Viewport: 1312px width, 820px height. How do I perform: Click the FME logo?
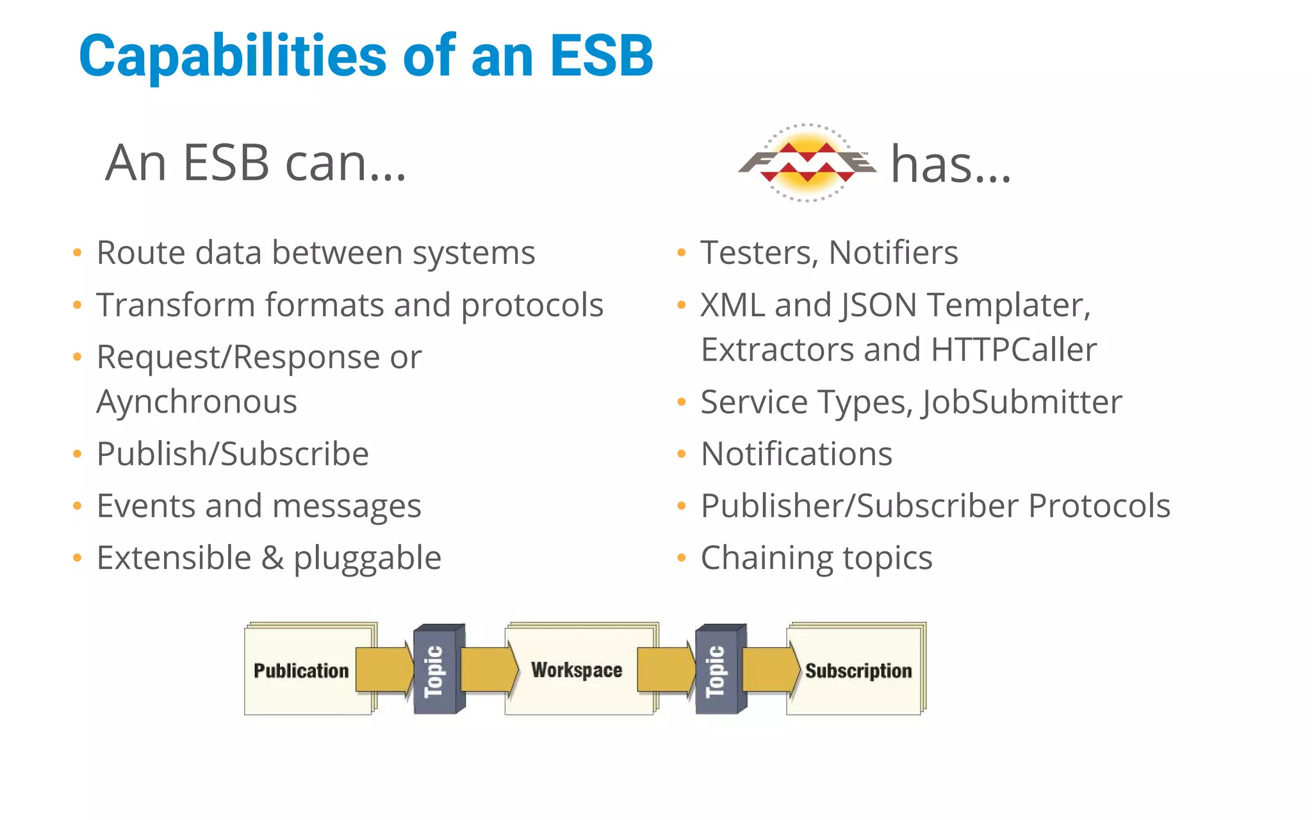(x=807, y=163)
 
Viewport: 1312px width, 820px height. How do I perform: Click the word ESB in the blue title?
(x=602, y=56)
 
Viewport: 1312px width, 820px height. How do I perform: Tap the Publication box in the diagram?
(x=301, y=671)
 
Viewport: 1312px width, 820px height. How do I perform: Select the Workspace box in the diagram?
(x=577, y=670)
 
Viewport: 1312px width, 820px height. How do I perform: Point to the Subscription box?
(x=858, y=671)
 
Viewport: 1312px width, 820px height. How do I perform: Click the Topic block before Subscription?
(x=717, y=670)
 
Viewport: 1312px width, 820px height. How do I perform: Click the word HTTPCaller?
(x=1013, y=350)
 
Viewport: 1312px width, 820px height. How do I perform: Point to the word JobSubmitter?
(x=1022, y=402)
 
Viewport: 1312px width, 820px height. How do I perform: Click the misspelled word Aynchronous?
(x=197, y=402)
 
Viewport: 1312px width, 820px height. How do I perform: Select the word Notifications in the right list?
(x=796, y=454)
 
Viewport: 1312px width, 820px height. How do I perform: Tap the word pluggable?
(x=367, y=558)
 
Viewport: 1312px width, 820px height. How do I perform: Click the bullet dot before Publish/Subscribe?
(x=78, y=454)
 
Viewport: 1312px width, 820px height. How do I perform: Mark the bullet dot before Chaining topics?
(x=682, y=558)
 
